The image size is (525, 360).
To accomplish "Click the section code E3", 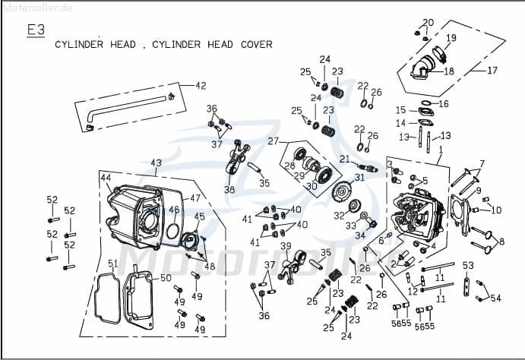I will [x=36, y=30].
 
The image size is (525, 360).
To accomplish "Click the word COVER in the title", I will [x=256, y=45].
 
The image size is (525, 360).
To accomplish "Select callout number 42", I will [x=201, y=85].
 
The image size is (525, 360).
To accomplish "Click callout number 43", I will [x=156, y=163].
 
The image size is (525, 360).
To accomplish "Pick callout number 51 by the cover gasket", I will [x=112, y=264].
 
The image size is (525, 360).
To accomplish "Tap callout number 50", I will [x=166, y=279].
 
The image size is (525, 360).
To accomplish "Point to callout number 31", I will [x=359, y=178].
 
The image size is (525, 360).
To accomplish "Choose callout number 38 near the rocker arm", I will [x=229, y=189].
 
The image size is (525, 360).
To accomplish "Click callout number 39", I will [x=286, y=246].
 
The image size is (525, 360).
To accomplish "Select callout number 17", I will [x=492, y=71].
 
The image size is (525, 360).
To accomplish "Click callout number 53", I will [x=468, y=265].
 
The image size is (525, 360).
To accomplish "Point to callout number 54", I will [x=495, y=298].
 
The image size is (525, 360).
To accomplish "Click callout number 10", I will [x=497, y=210].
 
